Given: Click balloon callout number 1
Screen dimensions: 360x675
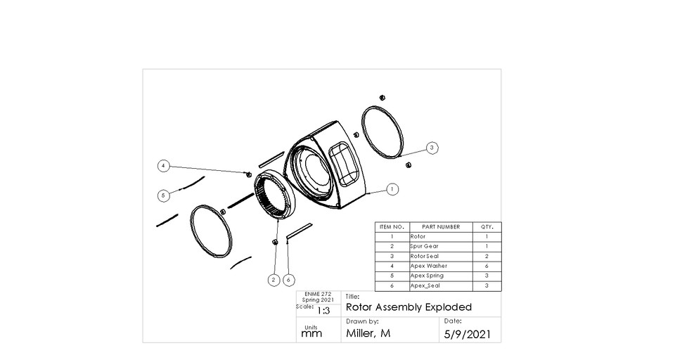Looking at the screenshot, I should [x=392, y=189].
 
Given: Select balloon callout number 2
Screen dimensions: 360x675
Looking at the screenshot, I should [x=274, y=280].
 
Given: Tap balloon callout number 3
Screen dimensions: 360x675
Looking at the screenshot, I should [x=432, y=147].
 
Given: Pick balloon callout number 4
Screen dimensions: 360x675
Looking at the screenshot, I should [x=163, y=166].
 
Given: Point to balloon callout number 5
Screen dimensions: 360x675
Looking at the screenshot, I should [x=163, y=195].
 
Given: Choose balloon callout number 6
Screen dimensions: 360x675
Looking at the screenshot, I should [x=288, y=280].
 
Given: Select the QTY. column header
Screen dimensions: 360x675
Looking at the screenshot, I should [x=487, y=227].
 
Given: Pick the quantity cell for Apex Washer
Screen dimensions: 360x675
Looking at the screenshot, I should [x=487, y=266].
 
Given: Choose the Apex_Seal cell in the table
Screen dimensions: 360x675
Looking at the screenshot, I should [x=425, y=286].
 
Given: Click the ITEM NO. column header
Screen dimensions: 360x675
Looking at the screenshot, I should [x=391, y=227].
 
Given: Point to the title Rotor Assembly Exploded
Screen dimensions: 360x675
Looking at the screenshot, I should [x=409, y=307].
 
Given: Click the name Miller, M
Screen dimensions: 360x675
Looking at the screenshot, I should [x=368, y=333].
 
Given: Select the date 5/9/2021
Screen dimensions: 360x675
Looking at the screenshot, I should [x=468, y=333].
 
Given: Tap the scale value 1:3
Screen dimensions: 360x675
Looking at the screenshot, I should [x=324, y=310].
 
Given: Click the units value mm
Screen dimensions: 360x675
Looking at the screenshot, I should [x=311, y=335].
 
